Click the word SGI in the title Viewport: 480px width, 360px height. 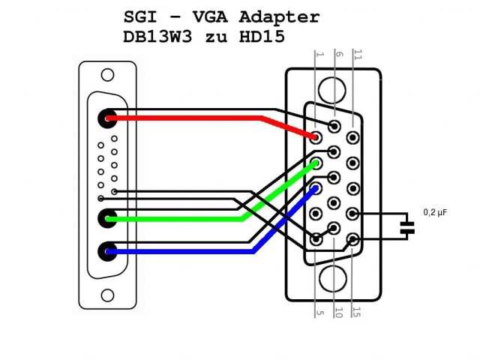point(139,17)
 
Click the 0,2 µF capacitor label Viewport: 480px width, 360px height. point(436,213)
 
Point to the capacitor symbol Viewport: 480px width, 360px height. point(407,227)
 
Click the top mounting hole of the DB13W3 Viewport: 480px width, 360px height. point(108,75)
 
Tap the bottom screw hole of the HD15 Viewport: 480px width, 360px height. point(333,279)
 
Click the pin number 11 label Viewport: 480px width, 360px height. point(358,55)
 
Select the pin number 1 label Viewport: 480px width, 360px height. point(319,55)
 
